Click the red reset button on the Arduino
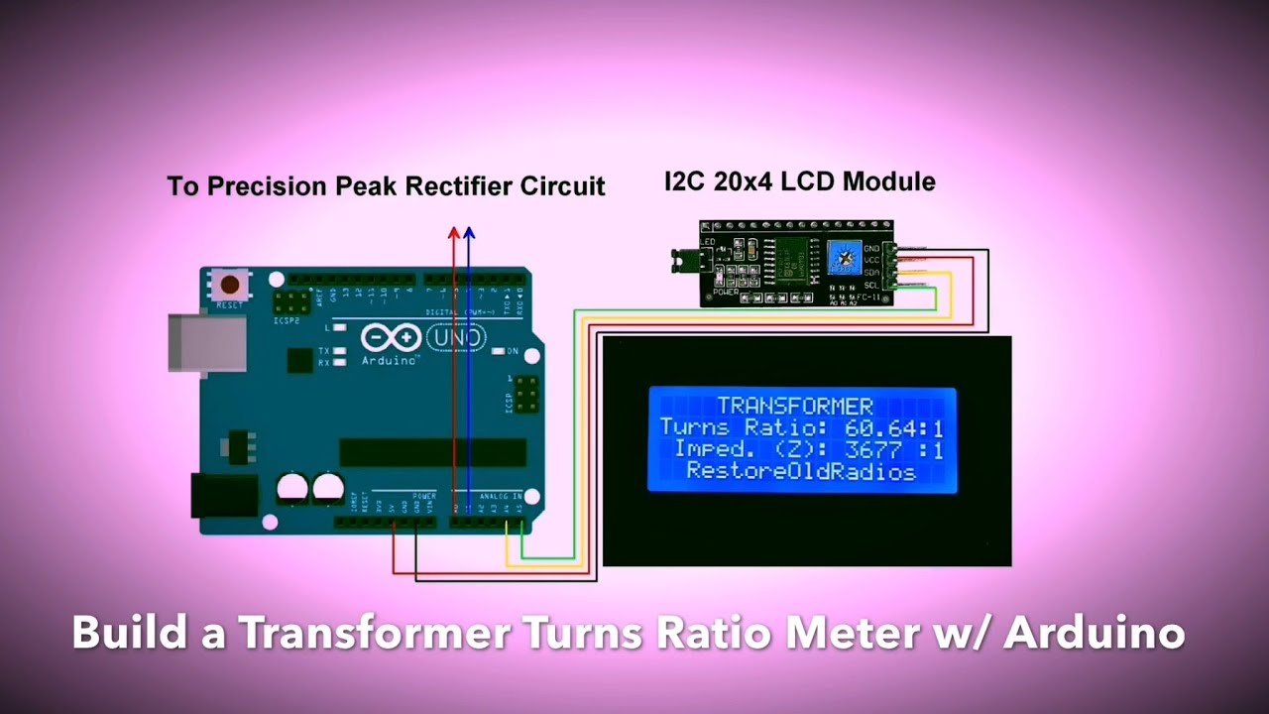click(x=230, y=285)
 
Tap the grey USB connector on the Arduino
click(x=206, y=343)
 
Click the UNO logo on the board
click(x=457, y=338)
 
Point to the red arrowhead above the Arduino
click(x=454, y=234)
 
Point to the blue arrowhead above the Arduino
click(x=469, y=234)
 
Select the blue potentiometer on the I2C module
click(x=844, y=258)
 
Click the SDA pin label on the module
click(x=871, y=273)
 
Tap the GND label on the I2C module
click(x=871, y=249)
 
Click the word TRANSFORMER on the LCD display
click(x=795, y=406)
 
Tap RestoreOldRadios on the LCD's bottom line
click(x=801, y=472)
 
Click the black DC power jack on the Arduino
click(x=225, y=495)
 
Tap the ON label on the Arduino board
click(x=513, y=351)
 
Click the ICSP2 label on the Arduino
click(x=286, y=321)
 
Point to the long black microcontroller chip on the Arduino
click(x=433, y=452)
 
